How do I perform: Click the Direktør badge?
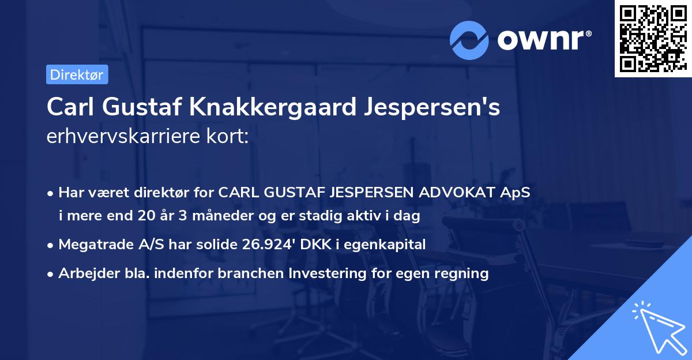77,74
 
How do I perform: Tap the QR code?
653,39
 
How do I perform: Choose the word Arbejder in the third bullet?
85,273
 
